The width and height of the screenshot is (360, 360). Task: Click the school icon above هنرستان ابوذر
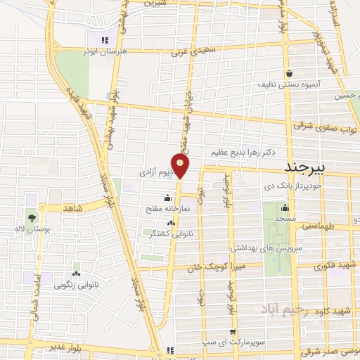point(105,40)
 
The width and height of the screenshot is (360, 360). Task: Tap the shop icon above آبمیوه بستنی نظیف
point(289,72)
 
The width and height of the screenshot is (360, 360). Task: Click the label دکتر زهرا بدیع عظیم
point(242,151)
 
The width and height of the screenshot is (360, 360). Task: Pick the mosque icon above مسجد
point(284,207)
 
